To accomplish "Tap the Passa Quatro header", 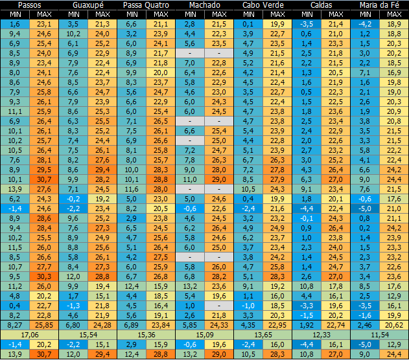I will click(146, 5).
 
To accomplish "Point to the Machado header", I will click(205, 5).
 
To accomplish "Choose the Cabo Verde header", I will click(263, 5).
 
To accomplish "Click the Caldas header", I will click(321, 5).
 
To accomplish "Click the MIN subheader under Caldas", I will click(307, 14).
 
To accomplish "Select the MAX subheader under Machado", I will click(220, 14).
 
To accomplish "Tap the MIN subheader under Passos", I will click(16, 14).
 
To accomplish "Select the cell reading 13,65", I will click(263, 334).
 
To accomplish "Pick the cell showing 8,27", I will click(16, 324).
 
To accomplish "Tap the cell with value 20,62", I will click(394, 324).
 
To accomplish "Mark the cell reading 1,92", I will click(307, 324).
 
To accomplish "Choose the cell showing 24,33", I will click(220, 324).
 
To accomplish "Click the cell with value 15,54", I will click(88, 334).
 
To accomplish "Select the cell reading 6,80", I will click(73, 324).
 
